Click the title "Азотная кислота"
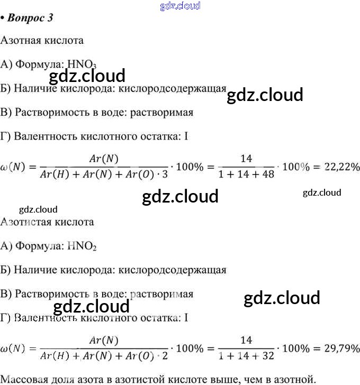(x=42, y=40)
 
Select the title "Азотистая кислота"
(x=47, y=222)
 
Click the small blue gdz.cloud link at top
(x=180, y=6)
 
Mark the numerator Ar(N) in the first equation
(x=104, y=158)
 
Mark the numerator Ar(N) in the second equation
(x=104, y=340)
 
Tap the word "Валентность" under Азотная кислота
(x=46, y=136)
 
